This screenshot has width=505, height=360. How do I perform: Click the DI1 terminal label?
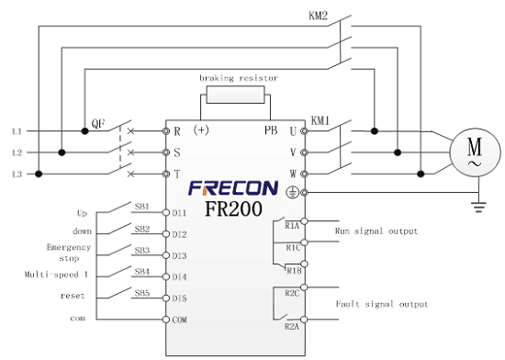[x=180, y=213]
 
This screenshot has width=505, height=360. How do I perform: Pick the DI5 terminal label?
[x=180, y=298]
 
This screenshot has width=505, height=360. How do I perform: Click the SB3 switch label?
[x=142, y=250]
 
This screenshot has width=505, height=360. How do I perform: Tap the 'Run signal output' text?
[x=376, y=231]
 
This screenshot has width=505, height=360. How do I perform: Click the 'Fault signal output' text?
[x=380, y=304]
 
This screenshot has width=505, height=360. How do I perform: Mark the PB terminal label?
[x=272, y=130]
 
